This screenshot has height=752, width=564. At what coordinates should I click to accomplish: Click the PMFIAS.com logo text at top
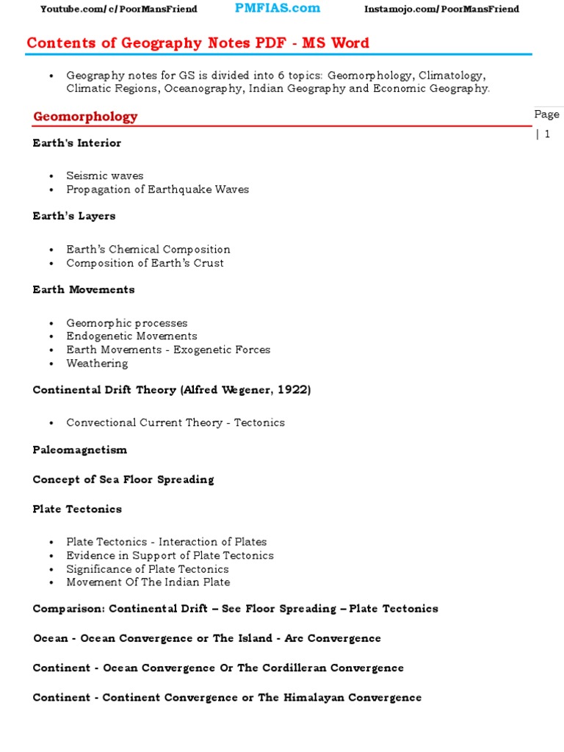[x=277, y=8]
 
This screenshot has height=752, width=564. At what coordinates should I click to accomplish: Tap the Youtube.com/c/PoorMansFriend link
[x=118, y=9]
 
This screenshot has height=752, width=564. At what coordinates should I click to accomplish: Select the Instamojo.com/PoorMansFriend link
[x=441, y=9]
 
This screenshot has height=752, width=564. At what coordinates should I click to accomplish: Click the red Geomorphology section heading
[x=85, y=117]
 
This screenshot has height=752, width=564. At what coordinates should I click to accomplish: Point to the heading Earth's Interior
[x=77, y=143]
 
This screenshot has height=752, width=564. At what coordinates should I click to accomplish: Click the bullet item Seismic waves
[x=105, y=176]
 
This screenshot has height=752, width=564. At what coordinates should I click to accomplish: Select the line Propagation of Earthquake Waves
[x=157, y=189]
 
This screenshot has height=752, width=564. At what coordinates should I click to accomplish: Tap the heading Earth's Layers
[x=74, y=217]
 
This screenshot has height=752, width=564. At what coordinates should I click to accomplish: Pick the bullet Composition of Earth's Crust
[x=145, y=263]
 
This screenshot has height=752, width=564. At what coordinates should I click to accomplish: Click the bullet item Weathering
[x=97, y=364]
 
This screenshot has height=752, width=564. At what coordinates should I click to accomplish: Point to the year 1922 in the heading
[x=294, y=390]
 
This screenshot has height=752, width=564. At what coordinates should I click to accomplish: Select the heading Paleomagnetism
[x=80, y=449]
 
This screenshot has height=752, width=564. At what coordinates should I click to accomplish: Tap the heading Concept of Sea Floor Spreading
[x=123, y=480]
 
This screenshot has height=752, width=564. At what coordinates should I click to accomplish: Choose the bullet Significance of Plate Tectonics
[x=148, y=569]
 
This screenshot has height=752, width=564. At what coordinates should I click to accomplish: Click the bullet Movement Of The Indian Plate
[x=148, y=582]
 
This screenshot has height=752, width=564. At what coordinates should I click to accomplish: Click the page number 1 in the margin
[x=547, y=134]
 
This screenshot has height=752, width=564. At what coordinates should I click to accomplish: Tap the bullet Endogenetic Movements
[x=131, y=336]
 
